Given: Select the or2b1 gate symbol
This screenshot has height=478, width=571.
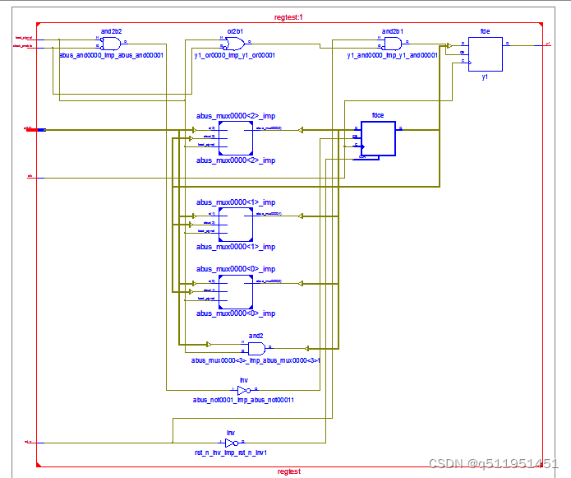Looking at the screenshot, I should pos(234,44).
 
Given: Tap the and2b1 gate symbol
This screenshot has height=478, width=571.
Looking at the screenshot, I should pos(393,44).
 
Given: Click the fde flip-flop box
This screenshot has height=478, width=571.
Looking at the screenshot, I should pos(486,53).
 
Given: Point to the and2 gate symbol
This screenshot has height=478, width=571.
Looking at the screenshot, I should pos(256,348).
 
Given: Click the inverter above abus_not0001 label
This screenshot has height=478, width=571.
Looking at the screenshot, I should pos(243,390).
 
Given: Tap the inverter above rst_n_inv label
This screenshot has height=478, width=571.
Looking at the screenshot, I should pos(232,443).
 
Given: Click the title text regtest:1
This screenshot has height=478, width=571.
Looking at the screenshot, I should pos(288,17).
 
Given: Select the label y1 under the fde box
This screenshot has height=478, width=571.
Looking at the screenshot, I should pos(486,76).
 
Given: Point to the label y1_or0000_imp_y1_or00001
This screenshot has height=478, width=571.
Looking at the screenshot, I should pos(234,55).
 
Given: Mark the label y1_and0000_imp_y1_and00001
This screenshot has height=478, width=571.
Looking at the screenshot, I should pos(393,55).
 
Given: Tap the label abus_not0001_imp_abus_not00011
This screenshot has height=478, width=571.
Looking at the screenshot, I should pos(243,400).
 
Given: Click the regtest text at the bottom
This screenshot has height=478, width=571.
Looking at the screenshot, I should pos(288,471).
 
